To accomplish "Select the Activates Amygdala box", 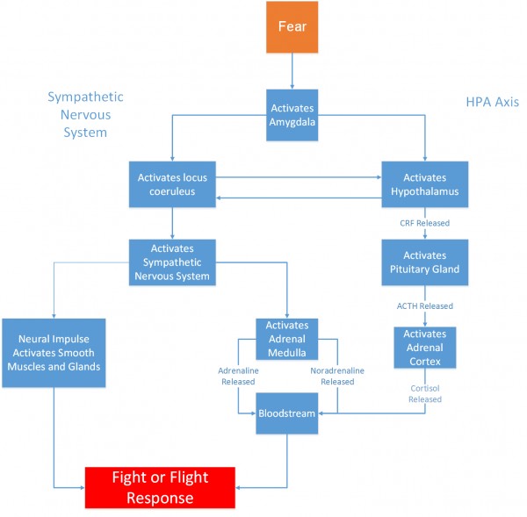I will (x=285, y=114).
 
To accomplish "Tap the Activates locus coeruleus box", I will (x=172, y=184).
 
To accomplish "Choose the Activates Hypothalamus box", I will (x=425, y=184).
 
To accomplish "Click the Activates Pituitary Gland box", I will (x=425, y=262).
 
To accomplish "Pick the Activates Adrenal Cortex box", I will (x=425, y=348).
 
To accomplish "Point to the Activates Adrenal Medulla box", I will (x=285, y=339).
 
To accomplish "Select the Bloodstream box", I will (x=286, y=413).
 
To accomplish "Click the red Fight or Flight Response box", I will (x=160, y=487).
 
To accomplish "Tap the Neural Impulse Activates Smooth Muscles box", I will (x=54, y=352).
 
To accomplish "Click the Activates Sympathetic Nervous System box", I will (x=172, y=262).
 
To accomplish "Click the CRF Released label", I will (x=425, y=223).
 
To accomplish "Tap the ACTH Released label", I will (x=425, y=306).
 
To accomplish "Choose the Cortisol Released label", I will (x=425, y=392).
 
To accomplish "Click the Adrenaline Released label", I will (x=238, y=376).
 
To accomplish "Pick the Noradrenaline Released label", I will (x=337, y=376).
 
